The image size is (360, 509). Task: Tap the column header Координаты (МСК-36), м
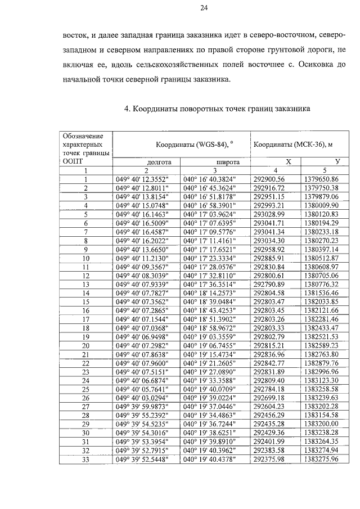coord(292,144)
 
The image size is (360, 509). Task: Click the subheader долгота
coord(147,161)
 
